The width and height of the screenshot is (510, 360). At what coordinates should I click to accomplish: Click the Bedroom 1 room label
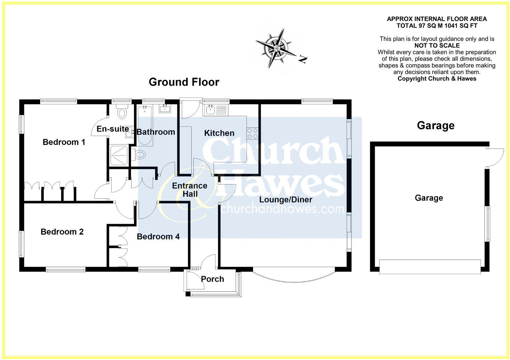[x=64, y=142]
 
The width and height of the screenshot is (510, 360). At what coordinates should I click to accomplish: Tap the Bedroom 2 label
[x=62, y=232]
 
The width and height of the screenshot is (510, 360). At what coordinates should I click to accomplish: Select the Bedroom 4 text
[x=158, y=237]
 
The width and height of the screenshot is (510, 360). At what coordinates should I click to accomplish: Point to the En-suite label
[x=113, y=129]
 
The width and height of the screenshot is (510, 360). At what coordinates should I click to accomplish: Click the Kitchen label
[x=219, y=133]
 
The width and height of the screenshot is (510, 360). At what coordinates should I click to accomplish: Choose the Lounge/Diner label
[x=286, y=200]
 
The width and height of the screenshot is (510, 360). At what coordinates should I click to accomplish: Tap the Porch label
[x=213, y=279]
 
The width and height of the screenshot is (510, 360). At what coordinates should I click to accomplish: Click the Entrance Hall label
[x=190, y=190]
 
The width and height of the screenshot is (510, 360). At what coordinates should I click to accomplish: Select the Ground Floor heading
[x=184, y=82]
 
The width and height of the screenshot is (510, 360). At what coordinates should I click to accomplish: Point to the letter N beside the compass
[x=303, y=60]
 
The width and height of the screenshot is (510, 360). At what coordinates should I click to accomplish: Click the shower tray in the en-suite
[x=118, y=155]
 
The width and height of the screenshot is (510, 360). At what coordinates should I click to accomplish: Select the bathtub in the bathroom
[x=145, y=125]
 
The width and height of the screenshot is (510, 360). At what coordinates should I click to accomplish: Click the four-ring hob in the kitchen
[x=252, y=134]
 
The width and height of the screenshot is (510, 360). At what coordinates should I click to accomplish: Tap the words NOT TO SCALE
[x=437, y=46]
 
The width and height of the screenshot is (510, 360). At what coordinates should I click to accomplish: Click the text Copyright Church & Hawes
[x=437, y=79]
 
